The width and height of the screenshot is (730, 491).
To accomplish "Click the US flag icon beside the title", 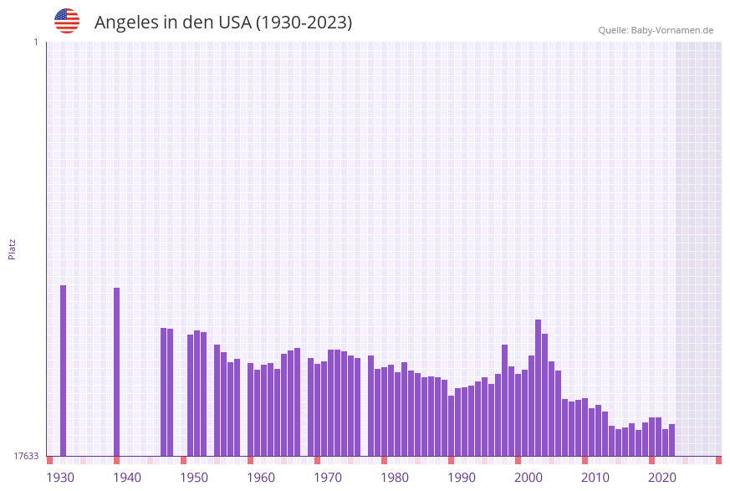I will point(67,21).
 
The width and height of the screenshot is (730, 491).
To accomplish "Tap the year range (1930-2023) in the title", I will point(304,23).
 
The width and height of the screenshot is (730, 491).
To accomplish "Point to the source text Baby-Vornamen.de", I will point(672,30).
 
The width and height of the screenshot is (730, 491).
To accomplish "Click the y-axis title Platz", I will point(13,248).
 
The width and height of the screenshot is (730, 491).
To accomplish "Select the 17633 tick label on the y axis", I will point(26,456).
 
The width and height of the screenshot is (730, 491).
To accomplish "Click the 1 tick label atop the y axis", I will point(35,42).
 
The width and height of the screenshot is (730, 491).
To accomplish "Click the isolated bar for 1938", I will point(116,371).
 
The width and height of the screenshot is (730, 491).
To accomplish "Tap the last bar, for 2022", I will point(671,440).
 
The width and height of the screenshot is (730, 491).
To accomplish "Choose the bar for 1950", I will point(197,393).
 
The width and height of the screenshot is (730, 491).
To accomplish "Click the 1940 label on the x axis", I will point(127,478).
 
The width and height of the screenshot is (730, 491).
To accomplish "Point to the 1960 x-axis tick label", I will point(261,478).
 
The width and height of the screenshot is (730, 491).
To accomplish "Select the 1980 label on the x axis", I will point(395,478).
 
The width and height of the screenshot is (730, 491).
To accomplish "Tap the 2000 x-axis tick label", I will point(528,478).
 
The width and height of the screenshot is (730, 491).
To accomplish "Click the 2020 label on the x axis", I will point(662,478).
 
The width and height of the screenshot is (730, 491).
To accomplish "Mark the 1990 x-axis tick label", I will point(462,478).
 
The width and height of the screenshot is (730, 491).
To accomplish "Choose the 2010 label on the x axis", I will point(595,478).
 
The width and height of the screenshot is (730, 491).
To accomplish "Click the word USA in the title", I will point(234,23).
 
